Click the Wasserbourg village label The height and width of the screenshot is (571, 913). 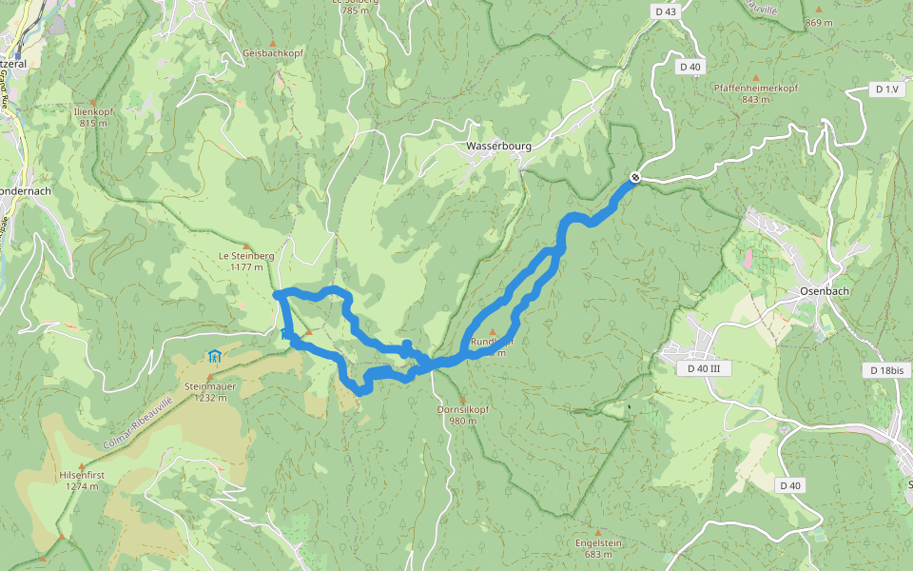(498, 147)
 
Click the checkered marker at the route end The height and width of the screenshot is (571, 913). (634, 177)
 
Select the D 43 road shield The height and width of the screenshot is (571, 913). (666, 10)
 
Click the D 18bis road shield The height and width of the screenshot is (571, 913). (885, 369)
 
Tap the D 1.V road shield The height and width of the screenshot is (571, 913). (885, 89)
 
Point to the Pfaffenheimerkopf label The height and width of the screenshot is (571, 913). (756, 88)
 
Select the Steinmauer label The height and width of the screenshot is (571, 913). (210, 386)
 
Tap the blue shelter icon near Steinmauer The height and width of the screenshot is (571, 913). (214, 357)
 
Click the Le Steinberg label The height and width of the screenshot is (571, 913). (246, 255)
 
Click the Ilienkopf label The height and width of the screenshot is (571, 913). (93, 111)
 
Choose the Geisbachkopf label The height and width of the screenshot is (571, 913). (273, 53)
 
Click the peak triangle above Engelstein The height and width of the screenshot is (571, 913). (598, 531)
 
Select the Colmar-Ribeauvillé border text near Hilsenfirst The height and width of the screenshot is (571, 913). (136, 423)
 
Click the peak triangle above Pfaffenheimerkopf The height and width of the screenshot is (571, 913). (756, 77)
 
